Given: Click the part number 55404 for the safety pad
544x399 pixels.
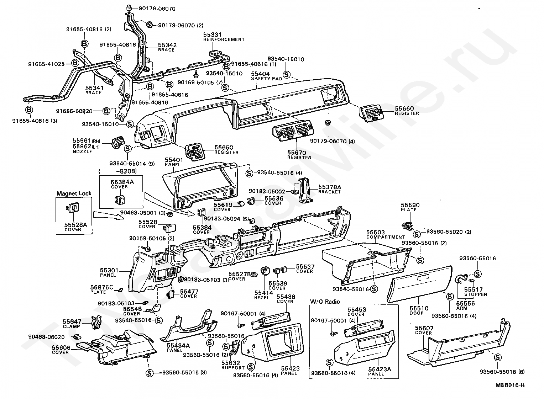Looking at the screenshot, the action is pyautogui.click(x=260, y=74).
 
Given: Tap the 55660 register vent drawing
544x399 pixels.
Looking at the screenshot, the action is pyautogui.click(x=372, y=113).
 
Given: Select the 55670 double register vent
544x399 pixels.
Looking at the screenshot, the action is pyautogui.click(x=293, y=131).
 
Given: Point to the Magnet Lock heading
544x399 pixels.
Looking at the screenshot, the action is pyautogui.click(x=74, y=193).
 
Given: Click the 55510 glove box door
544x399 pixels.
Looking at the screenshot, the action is pyautogui.click(x=419, y=284).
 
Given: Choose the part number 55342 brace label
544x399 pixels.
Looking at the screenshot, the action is pyautogui.click(x=167, y=45).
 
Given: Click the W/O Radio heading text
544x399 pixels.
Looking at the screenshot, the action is pyautogui.click(x=325, y=302).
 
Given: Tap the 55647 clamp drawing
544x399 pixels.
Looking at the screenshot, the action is pyautogui.click(x=95, y=322).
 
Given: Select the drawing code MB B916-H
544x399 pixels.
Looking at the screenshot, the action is pyautogui.click(x=510, y=385).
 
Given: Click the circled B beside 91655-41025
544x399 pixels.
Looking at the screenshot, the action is pyautogui.click(x=75, y=63).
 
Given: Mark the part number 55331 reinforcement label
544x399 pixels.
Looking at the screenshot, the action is pyautogui.click(x=212, y=35).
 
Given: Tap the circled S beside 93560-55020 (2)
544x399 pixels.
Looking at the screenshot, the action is pyautogui.click(x=417, y=234).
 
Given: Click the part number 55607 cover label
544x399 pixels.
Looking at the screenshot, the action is pyautogui.click(x=424, y=328).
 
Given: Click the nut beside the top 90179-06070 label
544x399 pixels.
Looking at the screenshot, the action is pyautogui.click(x=129, y=8).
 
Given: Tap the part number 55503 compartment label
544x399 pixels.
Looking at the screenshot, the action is pyautogui.click(x=376, y=232).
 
